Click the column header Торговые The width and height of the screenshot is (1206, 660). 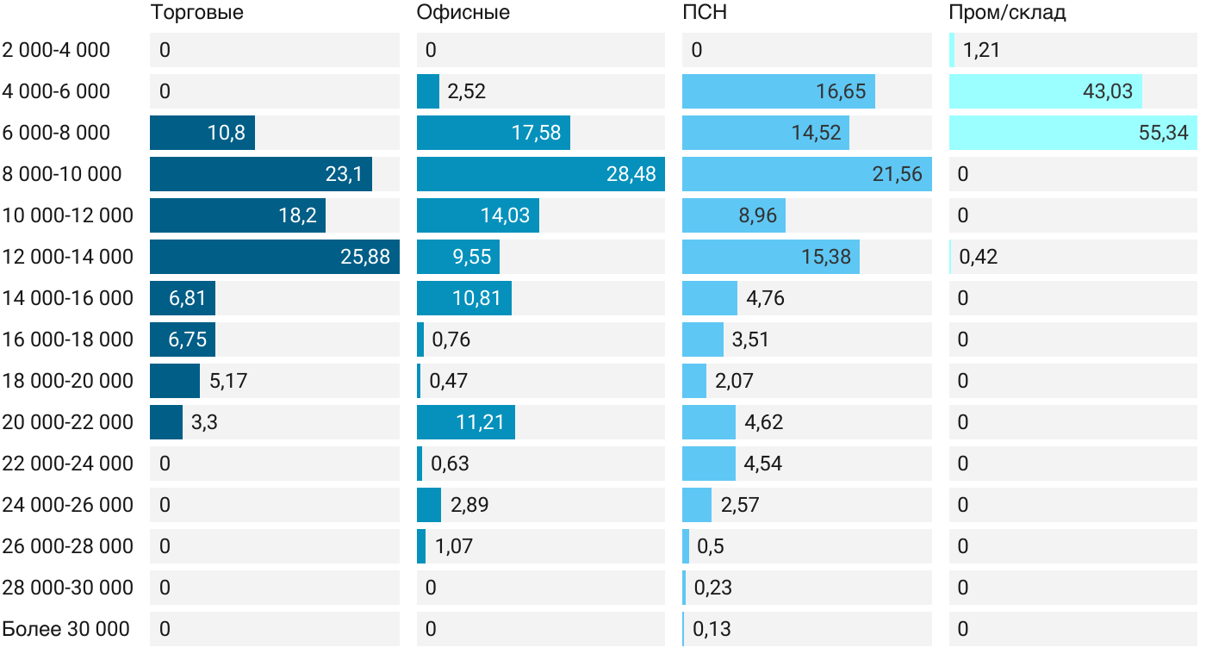pos(196,13)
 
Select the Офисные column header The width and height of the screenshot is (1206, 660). pos(463,13)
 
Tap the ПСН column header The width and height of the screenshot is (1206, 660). pos(699,13)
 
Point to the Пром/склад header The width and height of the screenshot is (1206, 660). pos(1007,13)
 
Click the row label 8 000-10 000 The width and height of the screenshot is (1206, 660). pos(62,174)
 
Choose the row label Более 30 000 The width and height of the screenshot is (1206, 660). pos(66,629)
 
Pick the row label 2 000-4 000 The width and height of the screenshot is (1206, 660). pos(57,50)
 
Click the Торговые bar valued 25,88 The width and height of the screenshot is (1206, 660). pos(274,257)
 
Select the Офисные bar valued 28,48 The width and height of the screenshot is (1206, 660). pos(540,174)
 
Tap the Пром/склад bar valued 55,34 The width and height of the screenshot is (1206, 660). pos(1072,133)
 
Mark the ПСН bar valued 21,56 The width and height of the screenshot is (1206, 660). pos(806,174)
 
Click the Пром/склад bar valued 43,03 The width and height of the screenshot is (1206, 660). pos(1045,91)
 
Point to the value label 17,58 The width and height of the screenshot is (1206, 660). pos(536,133)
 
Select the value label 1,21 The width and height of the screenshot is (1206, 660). pos(981,50)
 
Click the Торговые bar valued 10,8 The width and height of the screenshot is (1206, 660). pos(202,133)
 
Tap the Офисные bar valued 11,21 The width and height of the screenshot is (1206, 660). pos(465,422)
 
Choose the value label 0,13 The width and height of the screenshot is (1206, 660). pos(712,629)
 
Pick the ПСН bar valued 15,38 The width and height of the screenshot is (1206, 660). pos(770,257)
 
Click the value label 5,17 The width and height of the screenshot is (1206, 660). pos(228,381)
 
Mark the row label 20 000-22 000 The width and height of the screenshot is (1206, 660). pos(68,422)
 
